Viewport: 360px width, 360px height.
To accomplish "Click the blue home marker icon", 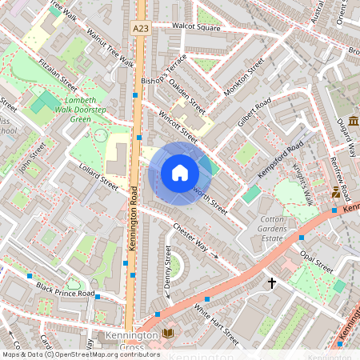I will coord(180,173).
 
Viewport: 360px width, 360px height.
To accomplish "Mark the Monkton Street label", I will coord(244,79).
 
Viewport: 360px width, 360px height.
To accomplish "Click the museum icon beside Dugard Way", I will coord(353,120).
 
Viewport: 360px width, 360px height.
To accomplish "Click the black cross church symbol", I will coord(272,282).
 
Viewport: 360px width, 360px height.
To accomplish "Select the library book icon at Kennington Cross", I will coord(167,334).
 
